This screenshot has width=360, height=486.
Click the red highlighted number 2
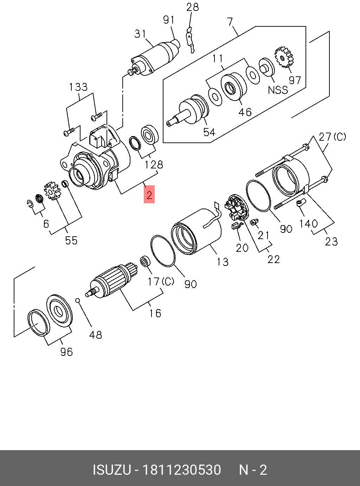point(149,194)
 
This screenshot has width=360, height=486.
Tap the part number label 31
point(140,34)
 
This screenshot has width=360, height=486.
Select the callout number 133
point(78,87)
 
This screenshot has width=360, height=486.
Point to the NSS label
point(278,90)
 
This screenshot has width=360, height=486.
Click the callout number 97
point(295,80)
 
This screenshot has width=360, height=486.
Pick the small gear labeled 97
point(284,57)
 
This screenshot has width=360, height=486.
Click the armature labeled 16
point(111,280)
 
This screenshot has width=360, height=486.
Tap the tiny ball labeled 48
point(78,300)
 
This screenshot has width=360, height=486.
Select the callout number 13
point(222,262)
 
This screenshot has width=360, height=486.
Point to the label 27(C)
point(332,137)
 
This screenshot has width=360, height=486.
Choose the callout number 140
point(308,224)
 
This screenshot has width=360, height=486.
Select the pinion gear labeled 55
point(52,191)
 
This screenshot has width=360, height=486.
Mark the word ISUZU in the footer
point(111,470)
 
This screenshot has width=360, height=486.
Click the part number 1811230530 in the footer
point(181,470)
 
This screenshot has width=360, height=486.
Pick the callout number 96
point(66,352)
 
